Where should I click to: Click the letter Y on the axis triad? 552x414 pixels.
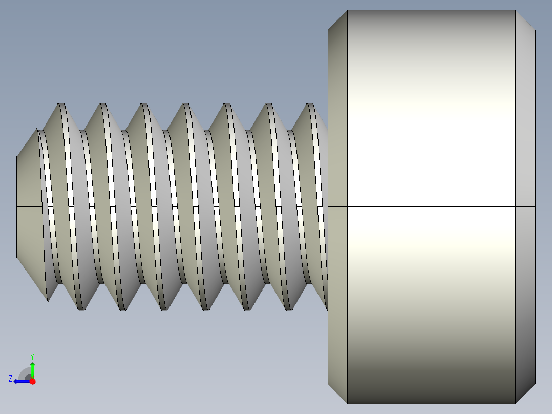click(32, 356)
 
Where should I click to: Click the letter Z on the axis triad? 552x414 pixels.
click(10, 379)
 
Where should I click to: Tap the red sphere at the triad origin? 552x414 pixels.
click(32, 381)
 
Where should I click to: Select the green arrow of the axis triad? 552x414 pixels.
click(32, 369)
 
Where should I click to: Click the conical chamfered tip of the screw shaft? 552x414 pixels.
click(29, 205)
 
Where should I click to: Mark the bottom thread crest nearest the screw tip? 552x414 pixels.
click(81, 309)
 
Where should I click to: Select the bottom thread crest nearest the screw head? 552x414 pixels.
click(289, 309)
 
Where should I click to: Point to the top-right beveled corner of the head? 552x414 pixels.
click(525, 20)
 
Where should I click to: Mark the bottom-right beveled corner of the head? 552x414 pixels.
click(525, 393)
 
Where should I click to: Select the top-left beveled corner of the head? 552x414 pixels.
click(337, 20)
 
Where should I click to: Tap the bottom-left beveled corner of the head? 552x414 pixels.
click(337, 393)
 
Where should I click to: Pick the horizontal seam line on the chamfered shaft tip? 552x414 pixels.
click(29, 206)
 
